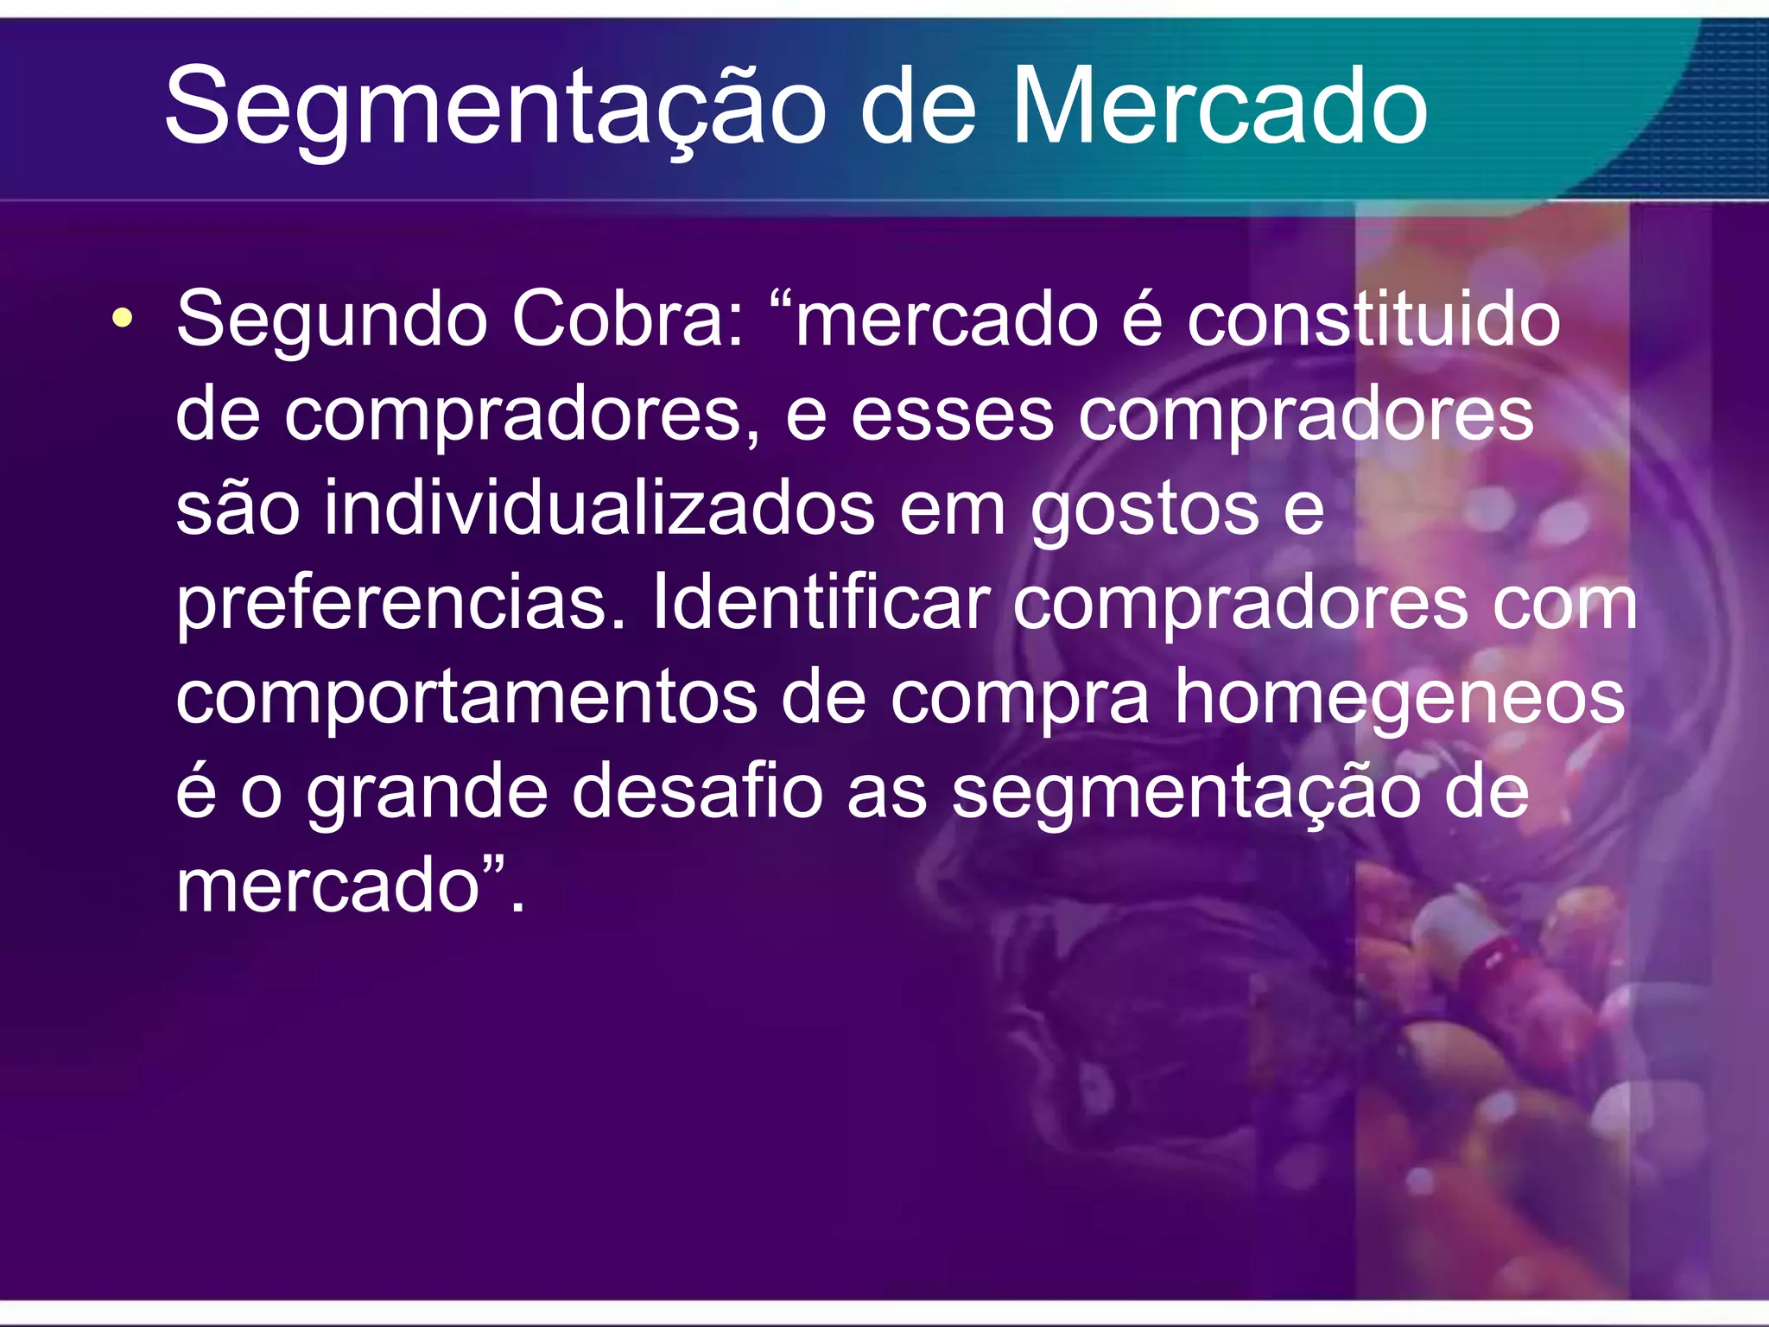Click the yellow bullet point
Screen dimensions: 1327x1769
click(123, 318)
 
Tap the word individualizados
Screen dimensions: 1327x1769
click(599, 508)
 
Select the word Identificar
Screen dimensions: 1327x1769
click(820, 602)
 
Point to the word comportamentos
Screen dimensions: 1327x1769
click(466, 697)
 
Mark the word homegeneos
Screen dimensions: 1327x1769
click(1398, 699)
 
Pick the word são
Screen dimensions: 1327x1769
click(238, 509)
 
